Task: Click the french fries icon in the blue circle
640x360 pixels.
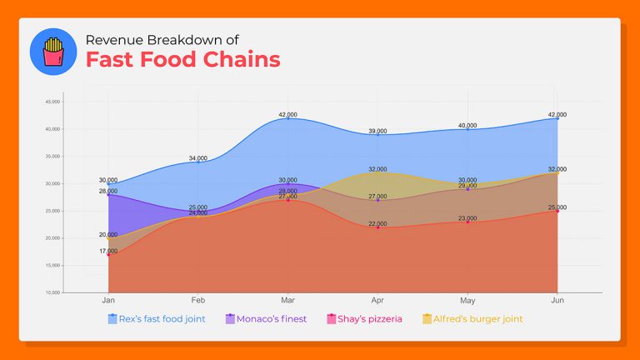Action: [53, 52]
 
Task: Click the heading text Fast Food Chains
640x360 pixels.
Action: [182, 60]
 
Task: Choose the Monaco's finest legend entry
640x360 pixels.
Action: [266, 318]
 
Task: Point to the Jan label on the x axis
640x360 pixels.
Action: [108, 299]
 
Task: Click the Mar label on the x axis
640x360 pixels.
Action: [287, 299]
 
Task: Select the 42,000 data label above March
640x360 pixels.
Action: [288, 114]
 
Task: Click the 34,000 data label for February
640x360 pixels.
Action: [198, 157]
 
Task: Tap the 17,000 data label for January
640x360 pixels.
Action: [108, 251]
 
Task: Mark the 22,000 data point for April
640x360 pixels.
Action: [377, 227]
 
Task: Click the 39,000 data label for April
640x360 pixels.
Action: [377, 131]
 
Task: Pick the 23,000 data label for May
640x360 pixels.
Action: [467, 218]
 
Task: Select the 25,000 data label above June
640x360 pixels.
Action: [557, 207]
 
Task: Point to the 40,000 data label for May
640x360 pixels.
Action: [467, 125]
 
